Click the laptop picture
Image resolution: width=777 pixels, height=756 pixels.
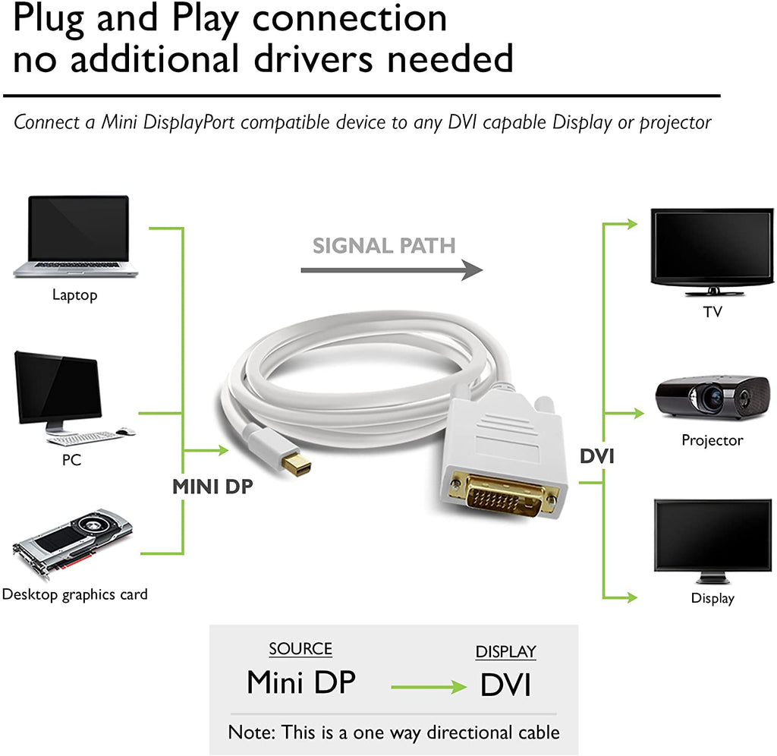tap(75, 236)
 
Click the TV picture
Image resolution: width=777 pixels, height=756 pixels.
tap(712, 251)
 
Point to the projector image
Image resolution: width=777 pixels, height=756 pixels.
tap(713, 397)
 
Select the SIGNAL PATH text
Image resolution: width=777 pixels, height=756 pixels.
tap(384, 245)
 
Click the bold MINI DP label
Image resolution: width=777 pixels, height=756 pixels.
tap(212, 487)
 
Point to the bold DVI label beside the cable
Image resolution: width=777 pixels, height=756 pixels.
tap(597, 456)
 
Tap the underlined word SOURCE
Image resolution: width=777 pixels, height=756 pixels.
tap(300, 649)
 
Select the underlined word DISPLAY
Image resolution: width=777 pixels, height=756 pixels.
tap(505, 651)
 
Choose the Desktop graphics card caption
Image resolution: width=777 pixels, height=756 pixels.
tap(75, 594)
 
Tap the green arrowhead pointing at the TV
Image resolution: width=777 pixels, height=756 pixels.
tap(632, 224)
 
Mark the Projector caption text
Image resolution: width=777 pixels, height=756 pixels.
tap(712, 440)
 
